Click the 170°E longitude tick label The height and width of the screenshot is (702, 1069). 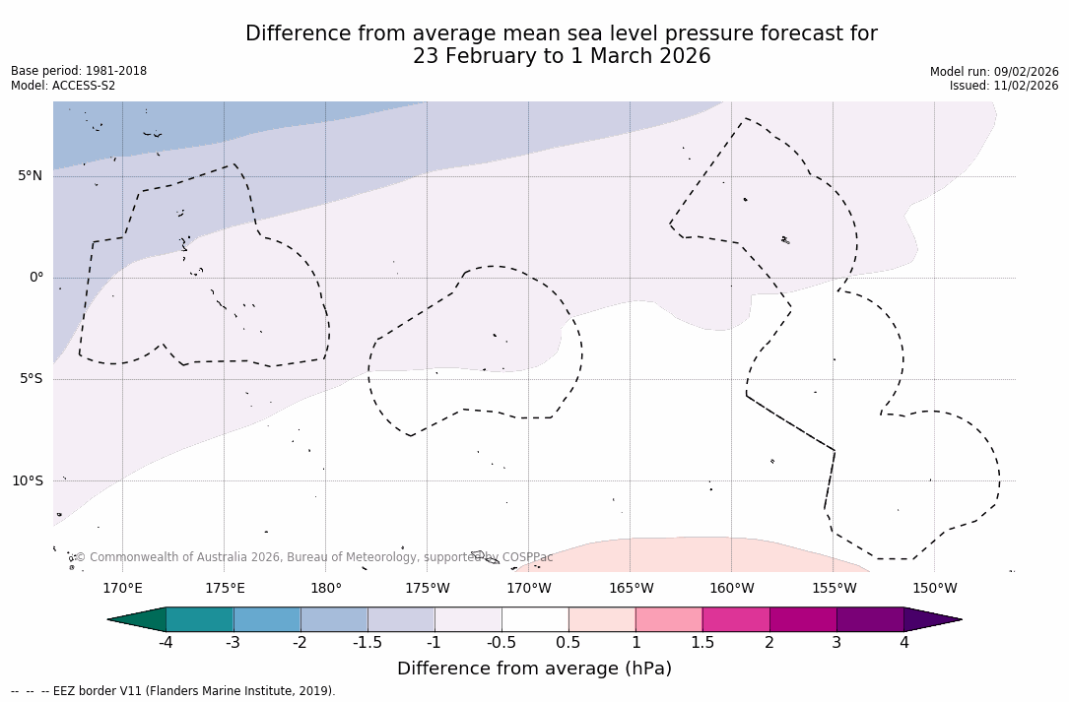click(x=122, y=589)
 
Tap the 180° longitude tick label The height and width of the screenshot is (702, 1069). click(x=326, y=589)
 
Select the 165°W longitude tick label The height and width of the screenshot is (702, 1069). click(x=631, y=589)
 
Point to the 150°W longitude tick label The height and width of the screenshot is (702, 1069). click(x=934, y=589)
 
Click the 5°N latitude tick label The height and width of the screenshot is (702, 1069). click(x=30, y=176)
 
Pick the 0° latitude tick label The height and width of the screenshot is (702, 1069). click(x=36, y=278)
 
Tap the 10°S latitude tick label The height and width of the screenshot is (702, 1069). click(x=27, y=481)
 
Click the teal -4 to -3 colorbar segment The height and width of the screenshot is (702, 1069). click(x=200, y=619)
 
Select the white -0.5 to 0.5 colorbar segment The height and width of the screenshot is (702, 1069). click(x=535, y=619)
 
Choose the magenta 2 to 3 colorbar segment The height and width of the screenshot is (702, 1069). click(x=803, y=619)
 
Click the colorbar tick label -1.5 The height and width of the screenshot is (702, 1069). click(x=367, y=643)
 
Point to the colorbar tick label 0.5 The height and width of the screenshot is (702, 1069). click(x=568, y=643)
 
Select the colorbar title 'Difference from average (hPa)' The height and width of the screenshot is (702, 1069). click(x=534, y=669)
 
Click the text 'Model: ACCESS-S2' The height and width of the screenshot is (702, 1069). click(x=63, y=86)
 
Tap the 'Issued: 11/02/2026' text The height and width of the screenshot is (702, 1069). click(x=1004, y=86)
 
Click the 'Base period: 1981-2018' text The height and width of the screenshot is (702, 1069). click(x=79, y=71)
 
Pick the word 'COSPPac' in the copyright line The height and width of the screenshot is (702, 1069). click(x=528, y=557)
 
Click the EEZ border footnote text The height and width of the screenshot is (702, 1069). click(x=172, y=691)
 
